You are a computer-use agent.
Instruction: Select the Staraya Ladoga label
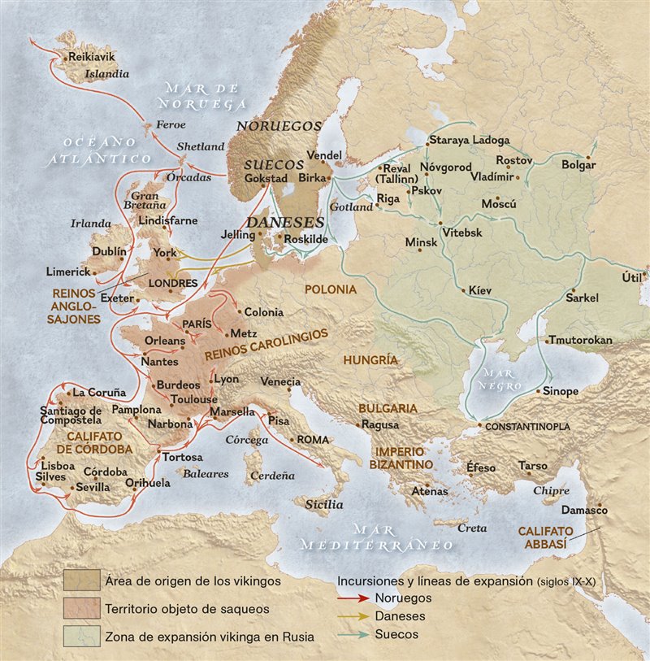tap(470, 140)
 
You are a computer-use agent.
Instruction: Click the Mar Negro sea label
tap(495, 378)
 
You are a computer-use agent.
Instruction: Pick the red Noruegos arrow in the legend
tap(354, 598)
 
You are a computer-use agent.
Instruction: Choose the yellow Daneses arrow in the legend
tap(354, 615)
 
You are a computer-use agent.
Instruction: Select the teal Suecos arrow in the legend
tap(354, 633)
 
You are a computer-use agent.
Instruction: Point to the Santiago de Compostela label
tap(71, 415)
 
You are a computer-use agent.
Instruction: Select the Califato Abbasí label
tap(546, 537)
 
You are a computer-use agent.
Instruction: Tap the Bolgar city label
tap(578, 165)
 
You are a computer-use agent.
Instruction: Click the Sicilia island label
tap(324, 504)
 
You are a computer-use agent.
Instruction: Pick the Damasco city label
tap(584, 510)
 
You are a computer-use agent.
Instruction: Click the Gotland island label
tap(351, 207)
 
